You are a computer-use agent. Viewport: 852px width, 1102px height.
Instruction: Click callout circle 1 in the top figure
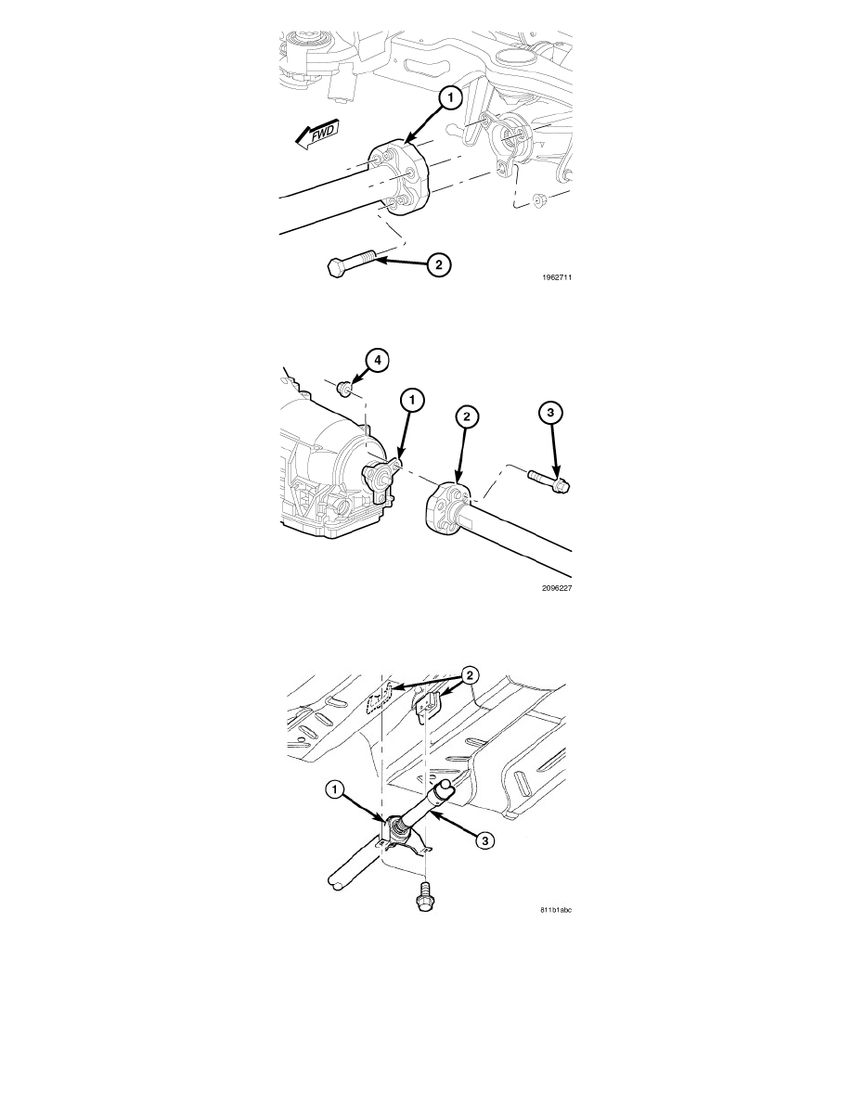[451, 97]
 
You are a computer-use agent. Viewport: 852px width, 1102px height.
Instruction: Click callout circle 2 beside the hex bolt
[439, 265]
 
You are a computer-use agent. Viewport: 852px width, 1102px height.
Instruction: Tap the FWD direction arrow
[317, 134]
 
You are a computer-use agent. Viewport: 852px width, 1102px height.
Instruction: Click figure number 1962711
[557, 277]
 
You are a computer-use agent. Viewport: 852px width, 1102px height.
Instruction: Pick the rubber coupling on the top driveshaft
[398, 178]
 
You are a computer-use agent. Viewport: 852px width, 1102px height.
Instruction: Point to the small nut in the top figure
[541, 201]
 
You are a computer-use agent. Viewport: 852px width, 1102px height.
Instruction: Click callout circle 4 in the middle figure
[377, 361]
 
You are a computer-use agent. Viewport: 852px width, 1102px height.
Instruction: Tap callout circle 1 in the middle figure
[413, 400]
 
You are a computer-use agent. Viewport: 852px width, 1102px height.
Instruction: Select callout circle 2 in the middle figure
[466, 416]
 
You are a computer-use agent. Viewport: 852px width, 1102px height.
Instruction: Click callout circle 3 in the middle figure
[551, 412]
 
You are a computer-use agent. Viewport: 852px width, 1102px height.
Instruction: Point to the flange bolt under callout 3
[549, 481]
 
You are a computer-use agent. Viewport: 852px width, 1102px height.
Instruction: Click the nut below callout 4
[344, 387]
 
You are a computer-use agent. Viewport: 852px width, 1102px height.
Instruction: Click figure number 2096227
[557, 588]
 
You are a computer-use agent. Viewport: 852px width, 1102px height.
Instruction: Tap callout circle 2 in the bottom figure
[469, 675]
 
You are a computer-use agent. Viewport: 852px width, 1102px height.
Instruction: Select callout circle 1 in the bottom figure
[335, 790]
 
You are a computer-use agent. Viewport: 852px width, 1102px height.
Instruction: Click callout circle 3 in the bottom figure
[483, 839]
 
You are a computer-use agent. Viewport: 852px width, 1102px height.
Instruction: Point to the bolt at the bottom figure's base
[424, 898]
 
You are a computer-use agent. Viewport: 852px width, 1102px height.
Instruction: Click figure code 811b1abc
[556, 910]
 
